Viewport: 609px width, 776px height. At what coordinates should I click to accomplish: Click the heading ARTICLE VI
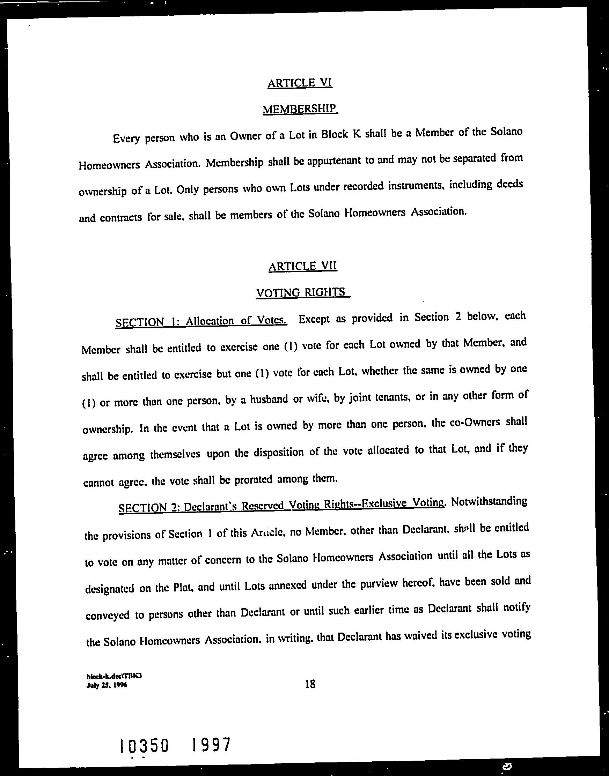(300, 83)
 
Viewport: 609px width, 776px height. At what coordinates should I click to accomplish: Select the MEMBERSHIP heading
(300, 108)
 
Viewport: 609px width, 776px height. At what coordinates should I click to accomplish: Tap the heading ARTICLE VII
(302, 266)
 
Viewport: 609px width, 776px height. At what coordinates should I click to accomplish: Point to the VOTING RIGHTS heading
(301, 292)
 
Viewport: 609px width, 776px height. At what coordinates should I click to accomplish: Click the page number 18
(310, 684)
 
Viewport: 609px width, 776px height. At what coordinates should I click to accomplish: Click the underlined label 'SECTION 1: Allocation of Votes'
(201, 321)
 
